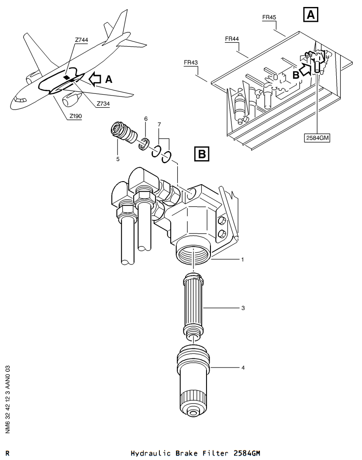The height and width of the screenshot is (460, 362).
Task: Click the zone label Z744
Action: [x=81, y=40]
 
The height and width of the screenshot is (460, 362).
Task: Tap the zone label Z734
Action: [x=103, y=103]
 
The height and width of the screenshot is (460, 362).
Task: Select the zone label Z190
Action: [x=76, y=116]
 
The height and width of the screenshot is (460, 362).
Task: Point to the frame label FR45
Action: [x=269, y=17]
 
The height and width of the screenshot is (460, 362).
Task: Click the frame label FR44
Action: [x=232, y=39]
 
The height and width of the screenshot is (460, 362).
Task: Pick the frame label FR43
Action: [x=191, y=62]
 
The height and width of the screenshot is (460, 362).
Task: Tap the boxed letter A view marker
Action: [x=310, y=15]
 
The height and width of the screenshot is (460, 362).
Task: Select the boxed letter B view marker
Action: [x=202, y=154]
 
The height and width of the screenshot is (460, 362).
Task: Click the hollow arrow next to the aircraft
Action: [x=94, y=79]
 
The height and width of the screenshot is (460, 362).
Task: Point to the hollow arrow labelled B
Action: [x=306, y=70]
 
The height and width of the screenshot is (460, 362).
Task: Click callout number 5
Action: [x=118, y=159]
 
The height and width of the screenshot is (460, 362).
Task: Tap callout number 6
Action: [x=145, y=119]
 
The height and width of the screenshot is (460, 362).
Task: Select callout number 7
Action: [x=159, y=125]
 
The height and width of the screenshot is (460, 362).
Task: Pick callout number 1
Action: [x=242, y=259]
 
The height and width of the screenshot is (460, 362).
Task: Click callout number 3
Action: [x=243, y=308]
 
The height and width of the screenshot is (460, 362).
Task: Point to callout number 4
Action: [x=243, y=367]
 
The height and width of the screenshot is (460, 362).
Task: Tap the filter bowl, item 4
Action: [x=193, y=381]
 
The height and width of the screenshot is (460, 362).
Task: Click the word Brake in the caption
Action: [x=186, y=453]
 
